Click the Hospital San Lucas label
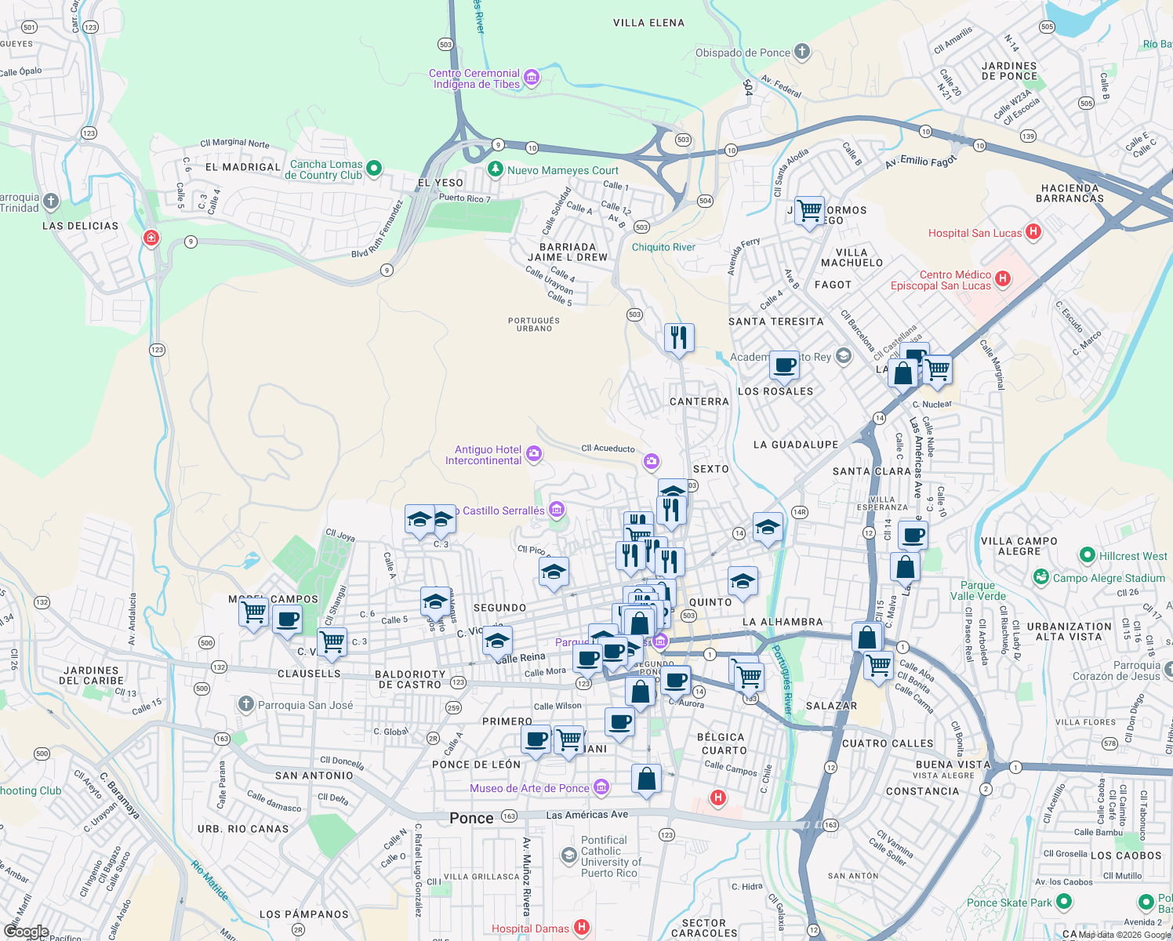click(x=975, y=233)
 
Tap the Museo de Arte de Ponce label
click(x=529, y=788)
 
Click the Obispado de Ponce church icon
click(x=801, y=53)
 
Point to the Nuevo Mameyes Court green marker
click(x=495, y=169)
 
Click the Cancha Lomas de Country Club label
click(x=325, y=170)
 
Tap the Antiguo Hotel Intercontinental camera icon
click(x=534, y=453)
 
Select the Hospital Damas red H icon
click(x=581, y=928)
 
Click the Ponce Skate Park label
click(x=1009, y=903)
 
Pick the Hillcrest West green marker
click(x=1087, y=555)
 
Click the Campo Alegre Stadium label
click(x=1109, y=578)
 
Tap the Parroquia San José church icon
click(x=246, y=704)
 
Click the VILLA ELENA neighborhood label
click(x=648, y=23)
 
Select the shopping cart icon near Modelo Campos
click(x=254, y=612)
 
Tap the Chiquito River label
click(x=663, y=247)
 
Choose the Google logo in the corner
click(x=26, y=931)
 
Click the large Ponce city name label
click(x=471, y=818)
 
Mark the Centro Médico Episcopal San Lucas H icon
click(x=1003, y=278)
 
